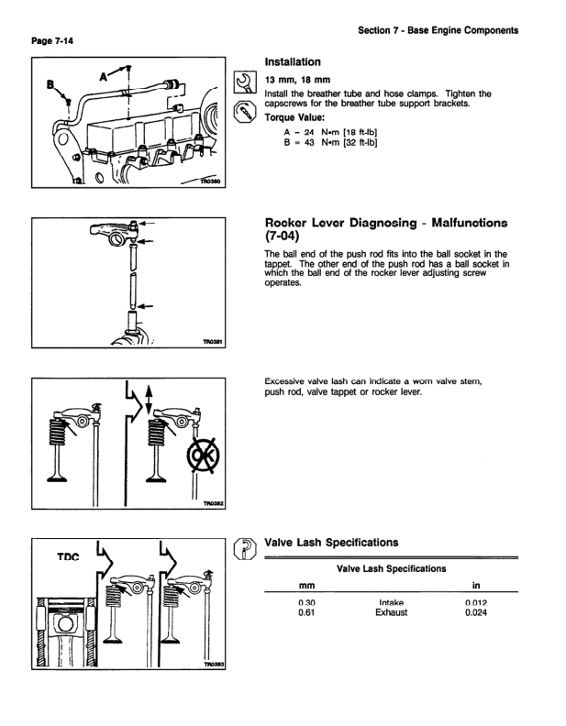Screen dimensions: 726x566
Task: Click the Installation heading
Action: [293, 62]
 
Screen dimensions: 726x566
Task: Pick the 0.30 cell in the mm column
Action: [307, 602]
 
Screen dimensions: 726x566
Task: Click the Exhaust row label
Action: [392, 613]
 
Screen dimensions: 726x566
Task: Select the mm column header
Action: [307, 584]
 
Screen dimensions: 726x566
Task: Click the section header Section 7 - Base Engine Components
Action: [438, 31]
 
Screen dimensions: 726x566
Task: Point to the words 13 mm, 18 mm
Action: [295, 81]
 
